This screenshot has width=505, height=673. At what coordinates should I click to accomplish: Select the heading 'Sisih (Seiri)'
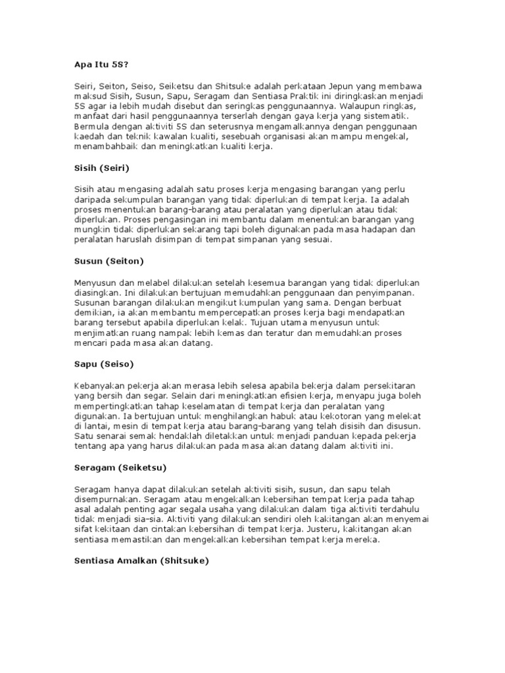pos(102,168)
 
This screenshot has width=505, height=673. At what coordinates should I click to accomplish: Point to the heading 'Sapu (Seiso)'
pos(105,363)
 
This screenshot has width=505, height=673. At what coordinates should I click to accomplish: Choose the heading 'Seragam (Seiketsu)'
pos(120,467)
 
